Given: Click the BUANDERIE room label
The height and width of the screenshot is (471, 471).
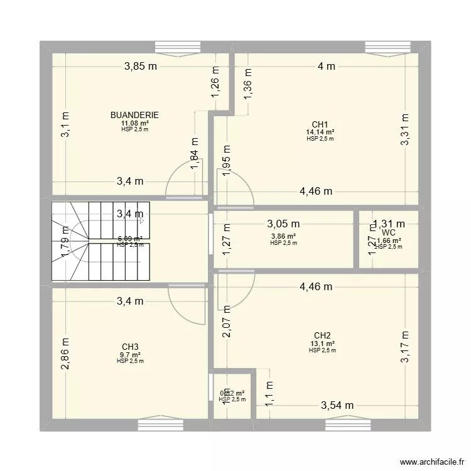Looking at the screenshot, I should pyautogui.click(x=134, y=115).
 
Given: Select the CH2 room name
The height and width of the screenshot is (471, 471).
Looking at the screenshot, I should pyautogui.click(x=322, y=335).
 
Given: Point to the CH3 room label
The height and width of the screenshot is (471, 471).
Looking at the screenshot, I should pyautogui.click(x=130, y=347).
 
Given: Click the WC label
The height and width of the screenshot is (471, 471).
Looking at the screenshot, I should pyautogui.click(x=387, y=232).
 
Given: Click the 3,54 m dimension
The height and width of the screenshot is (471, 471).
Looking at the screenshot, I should pyautogui.click(x=337, y=406).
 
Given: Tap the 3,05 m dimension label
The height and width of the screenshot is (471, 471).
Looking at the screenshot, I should pyautogui.click(x=283, y=223).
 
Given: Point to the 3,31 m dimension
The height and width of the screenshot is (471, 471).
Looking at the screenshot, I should pyautogui.click(x=405, y=129).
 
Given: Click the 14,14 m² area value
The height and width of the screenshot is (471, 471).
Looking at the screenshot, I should pyautogui.click(x=320, y=132).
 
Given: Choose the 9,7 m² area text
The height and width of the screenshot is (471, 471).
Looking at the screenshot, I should pyautogui.click(x=130, y=354).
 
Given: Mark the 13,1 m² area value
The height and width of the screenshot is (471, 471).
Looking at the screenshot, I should pyautogui.click(x=322, y=343).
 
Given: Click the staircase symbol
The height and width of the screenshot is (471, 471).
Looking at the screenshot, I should pyautogui.click(x=100, y=241).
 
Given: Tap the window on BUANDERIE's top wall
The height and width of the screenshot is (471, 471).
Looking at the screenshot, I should pyautogui.click(x=177, y=47).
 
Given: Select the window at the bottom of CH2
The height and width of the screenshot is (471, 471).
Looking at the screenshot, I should pyautogui.click(x=348, y=426).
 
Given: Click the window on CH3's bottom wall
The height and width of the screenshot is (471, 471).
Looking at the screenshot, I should pyautogui.click(x=160, y=426).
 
